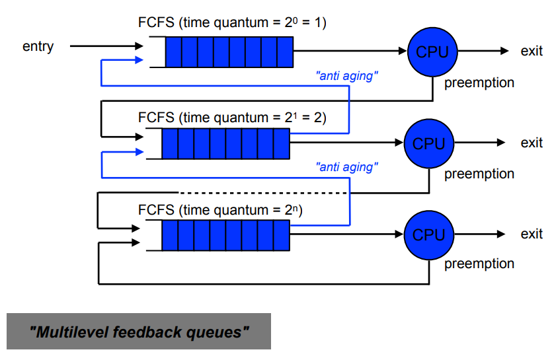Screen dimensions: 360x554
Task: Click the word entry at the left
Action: tap(38, 46)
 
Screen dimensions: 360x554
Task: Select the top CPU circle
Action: tap(432, 52)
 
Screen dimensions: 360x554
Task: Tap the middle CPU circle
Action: tap(429, 143)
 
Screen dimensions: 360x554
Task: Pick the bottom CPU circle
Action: tap(429, 234)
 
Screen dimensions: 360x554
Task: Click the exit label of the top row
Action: tap(531, 52)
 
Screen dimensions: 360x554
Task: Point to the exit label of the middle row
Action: tap(531, 143)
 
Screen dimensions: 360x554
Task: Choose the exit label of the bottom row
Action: tap(531, 234)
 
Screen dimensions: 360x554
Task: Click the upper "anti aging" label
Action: tap(347, 76)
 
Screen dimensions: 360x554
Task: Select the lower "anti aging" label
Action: tap(347, 167)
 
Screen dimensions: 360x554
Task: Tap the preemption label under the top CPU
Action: tap(479, 83)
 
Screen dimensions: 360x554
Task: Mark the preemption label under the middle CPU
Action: tap(479, 174)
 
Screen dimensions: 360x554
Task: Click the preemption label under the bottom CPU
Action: tap(479, 264)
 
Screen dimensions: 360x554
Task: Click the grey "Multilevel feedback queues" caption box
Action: tap(139, 332)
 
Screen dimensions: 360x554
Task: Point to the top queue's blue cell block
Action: tap(229, 52)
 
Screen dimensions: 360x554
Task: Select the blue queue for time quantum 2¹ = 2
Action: tap(225, 143)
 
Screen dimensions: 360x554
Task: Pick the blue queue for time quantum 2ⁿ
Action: tap(225, 235)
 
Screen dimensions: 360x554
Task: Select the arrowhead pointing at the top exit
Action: tap(504, 52)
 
